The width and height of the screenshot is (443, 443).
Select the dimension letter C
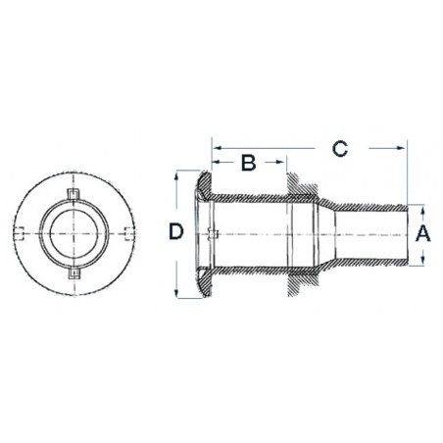(339, 149)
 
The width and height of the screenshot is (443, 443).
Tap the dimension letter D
(175, 233)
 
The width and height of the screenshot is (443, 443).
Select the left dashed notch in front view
(24, 232)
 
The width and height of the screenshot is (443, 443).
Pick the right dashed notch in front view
(128, 232)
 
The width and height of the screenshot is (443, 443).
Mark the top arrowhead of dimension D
(176, 173)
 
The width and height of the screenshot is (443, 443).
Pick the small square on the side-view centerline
(214, 232)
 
